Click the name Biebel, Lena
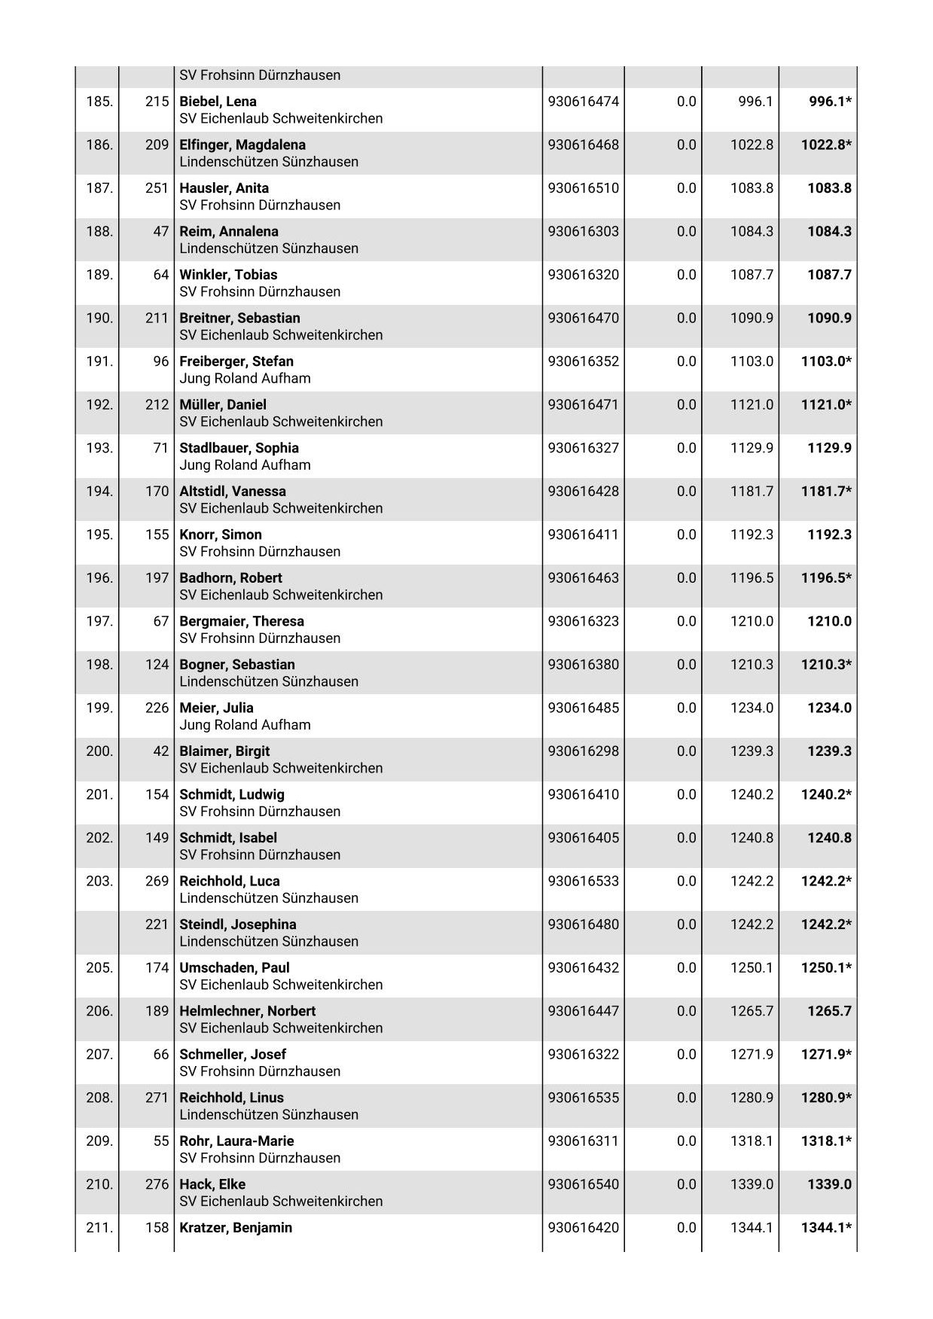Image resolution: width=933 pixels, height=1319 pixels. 218,102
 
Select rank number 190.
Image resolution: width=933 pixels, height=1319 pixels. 99,318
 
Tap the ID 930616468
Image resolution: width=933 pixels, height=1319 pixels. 583,145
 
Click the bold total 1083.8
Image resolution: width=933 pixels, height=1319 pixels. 829,188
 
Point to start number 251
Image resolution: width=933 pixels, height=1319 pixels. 157,188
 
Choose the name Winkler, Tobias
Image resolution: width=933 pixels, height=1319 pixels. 228,275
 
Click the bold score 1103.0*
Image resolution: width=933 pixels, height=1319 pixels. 826,361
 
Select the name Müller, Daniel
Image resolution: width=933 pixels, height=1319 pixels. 223,405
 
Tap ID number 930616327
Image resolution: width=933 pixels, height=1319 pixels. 583,448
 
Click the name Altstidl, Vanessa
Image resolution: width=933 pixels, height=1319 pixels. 233,492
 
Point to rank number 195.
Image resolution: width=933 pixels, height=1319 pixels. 99,535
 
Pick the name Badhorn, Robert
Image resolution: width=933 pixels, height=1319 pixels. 230,578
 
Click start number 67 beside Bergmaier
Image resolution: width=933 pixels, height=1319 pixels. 161,621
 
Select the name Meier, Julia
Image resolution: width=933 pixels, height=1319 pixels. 216,708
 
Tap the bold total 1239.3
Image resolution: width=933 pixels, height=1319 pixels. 829,751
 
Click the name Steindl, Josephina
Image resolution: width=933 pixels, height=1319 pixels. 237,925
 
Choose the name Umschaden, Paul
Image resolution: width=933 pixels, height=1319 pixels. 234,967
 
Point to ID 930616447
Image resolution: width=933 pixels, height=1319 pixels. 583,1011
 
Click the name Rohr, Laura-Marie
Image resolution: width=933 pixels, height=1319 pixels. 236,1141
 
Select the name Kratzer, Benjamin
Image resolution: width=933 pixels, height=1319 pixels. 236,1227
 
